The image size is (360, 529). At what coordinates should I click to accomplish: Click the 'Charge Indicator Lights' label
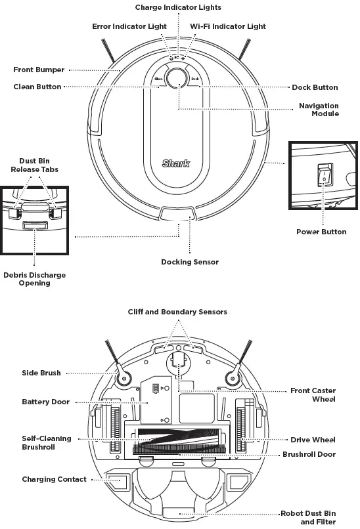178,7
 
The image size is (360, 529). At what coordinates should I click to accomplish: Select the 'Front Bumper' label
38,70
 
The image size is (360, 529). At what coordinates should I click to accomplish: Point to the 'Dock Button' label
315,87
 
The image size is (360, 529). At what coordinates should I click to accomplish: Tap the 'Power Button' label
321,232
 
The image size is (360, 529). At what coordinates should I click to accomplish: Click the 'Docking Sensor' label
190,262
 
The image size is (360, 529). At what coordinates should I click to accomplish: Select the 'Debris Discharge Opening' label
35,279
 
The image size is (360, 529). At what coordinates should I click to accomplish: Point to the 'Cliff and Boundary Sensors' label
177,312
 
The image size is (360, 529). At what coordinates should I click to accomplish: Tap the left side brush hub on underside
122,377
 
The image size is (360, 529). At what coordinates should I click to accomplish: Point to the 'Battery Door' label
45,402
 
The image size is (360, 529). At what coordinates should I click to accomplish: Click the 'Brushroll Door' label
309,454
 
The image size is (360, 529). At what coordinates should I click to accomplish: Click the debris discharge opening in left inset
34,226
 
